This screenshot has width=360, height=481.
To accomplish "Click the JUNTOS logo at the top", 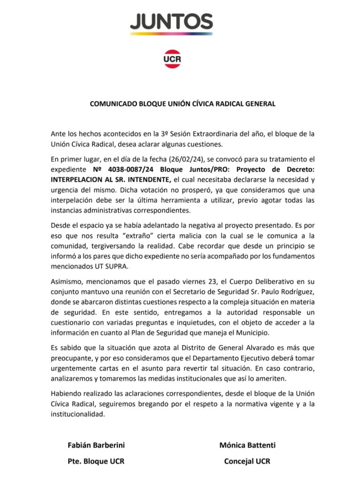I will (x=171, y=23).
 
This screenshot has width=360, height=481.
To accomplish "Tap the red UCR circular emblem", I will (x=172, y=59).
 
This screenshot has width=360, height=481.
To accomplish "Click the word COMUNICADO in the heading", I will (x=113, y=104).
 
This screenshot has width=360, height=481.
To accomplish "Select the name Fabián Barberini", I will (x=96, y=445).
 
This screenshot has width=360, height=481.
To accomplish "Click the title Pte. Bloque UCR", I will (x=96, y=461).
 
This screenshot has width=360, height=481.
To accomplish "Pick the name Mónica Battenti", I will (x=247, y=445).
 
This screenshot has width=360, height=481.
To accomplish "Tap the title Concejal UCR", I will (x=247, y=461).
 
